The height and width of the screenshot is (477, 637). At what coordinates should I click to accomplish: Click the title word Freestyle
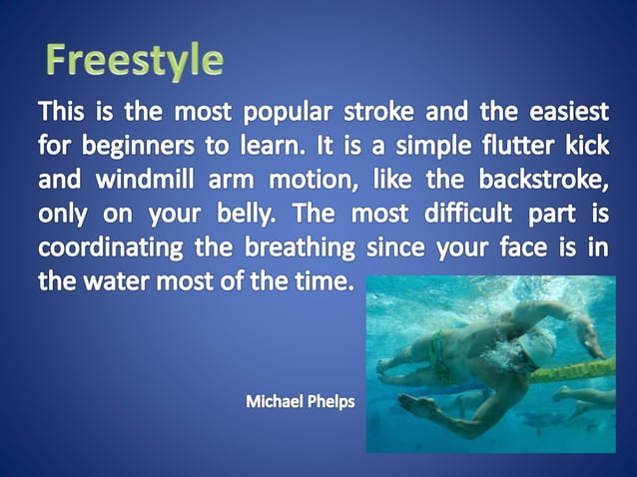[x=134, y=60]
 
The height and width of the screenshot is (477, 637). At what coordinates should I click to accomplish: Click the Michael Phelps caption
[x=300, y=403]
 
